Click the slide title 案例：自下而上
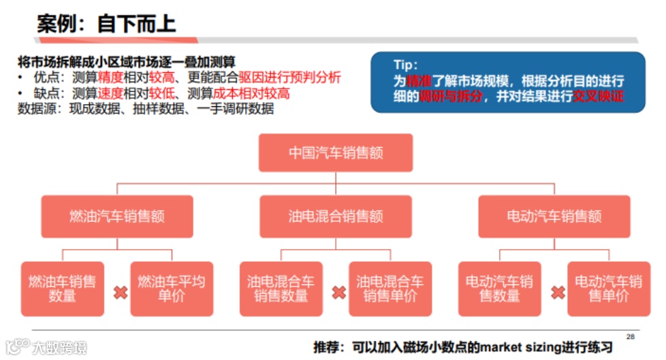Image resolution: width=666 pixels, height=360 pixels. (x=106, y=24)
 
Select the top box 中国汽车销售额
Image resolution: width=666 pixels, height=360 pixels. (x=335, y=152)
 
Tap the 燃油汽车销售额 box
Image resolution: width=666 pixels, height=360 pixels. (x=116, y=216)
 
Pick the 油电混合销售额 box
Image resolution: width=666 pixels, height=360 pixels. (x=335, y=216)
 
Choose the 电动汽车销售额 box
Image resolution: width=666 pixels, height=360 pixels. (x=554, y=216)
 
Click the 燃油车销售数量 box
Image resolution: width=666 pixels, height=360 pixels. (x=62, y=289)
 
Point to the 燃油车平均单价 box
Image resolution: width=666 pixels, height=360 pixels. (x=171, y=289)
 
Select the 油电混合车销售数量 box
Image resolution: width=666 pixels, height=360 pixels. (x=281, y=289)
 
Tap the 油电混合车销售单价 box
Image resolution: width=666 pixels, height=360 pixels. (x=390, y=289)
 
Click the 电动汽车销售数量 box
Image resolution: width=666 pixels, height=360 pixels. (x=499, y=289)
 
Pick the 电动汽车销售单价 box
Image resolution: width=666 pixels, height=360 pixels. (x=608, y=289)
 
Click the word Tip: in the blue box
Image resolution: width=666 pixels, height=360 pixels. (x=407, y=65)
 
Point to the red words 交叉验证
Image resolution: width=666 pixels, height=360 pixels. (x=599, y=96)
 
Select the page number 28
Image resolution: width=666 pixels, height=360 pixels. (x=630, y=336)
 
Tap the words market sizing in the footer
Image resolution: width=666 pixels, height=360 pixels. (x=520, y=347)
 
